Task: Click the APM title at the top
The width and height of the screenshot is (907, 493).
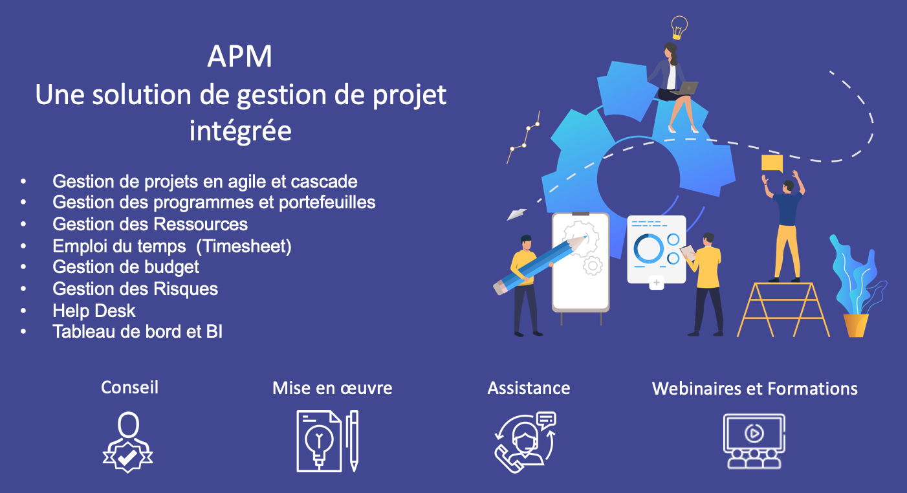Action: [240, 56]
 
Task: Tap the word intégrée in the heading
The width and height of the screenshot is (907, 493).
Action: [241, 131]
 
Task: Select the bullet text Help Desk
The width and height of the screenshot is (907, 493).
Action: [94, 311]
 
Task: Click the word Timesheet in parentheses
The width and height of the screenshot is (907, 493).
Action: [244, 246]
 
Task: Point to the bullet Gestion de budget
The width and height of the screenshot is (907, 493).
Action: [126, 267]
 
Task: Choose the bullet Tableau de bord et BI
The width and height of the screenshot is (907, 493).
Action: [138, 331]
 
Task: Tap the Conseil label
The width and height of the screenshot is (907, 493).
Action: [129, 388]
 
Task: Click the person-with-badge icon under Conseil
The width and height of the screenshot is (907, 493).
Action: [128, 442]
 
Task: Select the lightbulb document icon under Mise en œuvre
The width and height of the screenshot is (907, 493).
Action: [327, 441]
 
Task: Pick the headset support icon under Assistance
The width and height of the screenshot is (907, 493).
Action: [525, 442]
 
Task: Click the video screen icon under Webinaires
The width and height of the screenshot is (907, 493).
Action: [754, 441]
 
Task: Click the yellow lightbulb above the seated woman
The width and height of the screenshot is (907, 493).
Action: [679, 28]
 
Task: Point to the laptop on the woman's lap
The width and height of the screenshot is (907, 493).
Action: [687, 88]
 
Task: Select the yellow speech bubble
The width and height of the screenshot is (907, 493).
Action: [772, 164]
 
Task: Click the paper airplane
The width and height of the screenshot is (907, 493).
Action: [517, 214]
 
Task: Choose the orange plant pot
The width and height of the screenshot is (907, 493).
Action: [856, 325]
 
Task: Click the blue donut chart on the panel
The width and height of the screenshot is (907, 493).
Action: [648, 248]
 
